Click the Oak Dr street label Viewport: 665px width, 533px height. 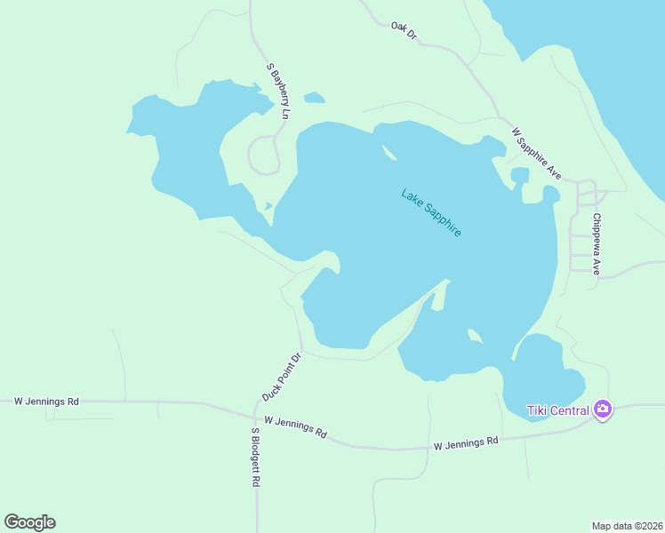coord(404,30)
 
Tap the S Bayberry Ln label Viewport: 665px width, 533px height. coord(279,91)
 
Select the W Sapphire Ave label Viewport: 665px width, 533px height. coord(537,153)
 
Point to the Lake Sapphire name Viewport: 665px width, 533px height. coord(431,212)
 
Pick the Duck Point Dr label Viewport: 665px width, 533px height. coord(283,376)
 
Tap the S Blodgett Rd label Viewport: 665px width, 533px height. coord(255,457)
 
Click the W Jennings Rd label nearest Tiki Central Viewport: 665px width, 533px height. coord(466,442)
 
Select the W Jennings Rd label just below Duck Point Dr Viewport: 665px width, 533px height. coord(295,426)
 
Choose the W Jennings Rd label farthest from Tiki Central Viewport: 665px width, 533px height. coord(46,402)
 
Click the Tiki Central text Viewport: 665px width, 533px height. coord(558,410)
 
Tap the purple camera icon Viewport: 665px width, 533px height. coord(603,410)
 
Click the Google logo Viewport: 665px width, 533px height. coord(29,522)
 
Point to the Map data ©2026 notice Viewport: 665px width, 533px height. coord(628,526)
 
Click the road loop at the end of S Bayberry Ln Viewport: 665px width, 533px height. coord(264,155)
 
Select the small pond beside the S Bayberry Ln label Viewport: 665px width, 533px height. coord(314,98)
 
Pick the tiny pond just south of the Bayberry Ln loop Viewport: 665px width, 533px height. coord(268,207)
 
